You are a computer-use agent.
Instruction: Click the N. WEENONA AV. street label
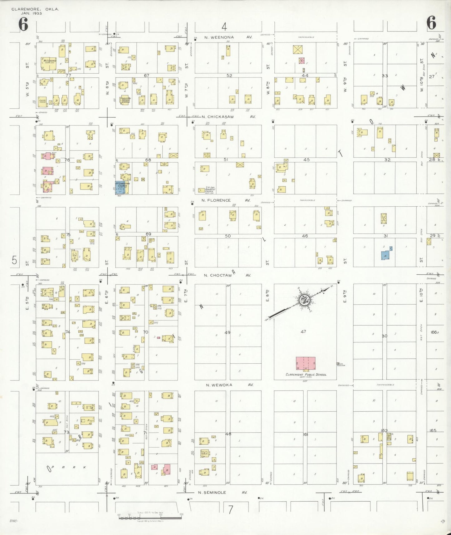coord(228,37)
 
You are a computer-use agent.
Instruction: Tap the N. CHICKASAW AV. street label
coord(228,117)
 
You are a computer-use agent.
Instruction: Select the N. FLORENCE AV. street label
coord(226,200)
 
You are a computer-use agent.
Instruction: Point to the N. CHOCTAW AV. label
coord(227,275)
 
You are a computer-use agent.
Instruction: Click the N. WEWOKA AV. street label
coord(229,385)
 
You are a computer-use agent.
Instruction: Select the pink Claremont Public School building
coord(306,363)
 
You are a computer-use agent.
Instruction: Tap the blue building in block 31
coord(386,255)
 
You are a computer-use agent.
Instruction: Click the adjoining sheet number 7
coord(230,509)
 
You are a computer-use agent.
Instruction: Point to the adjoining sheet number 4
coord(224,27)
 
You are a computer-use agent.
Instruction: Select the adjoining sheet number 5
coord(14,260)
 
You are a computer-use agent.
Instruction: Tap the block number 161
coord(305,434)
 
